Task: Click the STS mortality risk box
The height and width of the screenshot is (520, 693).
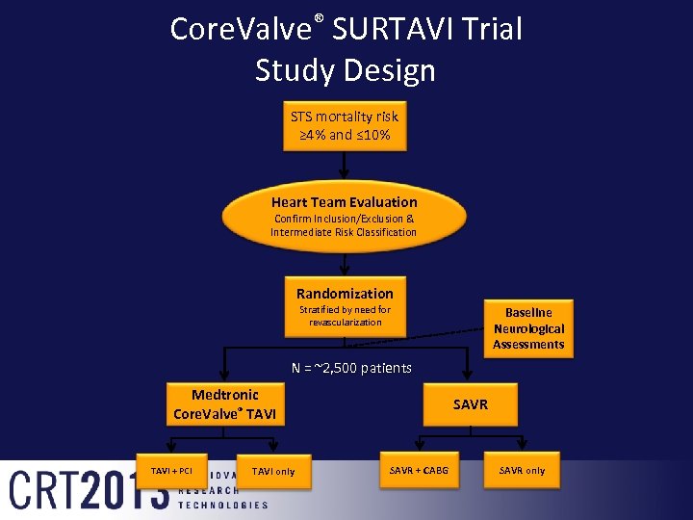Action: tap(345, 126)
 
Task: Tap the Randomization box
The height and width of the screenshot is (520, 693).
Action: tap(345, 307)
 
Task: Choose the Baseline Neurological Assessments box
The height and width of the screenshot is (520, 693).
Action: tap(528, 327)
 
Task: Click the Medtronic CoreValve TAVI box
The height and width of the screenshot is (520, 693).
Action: tap(224, 404)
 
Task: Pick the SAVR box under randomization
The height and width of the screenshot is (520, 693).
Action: tap(470, 404)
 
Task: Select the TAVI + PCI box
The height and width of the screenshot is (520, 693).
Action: tap(171, 471)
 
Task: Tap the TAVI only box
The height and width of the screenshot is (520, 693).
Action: tap(273, 471)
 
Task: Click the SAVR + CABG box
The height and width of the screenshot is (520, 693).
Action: tap(419, 471)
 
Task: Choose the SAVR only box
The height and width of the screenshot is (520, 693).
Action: tap(522, 471)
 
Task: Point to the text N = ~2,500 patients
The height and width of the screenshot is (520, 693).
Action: tap(351, 368)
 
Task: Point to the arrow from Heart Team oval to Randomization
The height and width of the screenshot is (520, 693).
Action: tap(344, 264)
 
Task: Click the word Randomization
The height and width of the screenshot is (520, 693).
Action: tap(345, 293)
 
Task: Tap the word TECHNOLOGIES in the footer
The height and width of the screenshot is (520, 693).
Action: tap(223, 505)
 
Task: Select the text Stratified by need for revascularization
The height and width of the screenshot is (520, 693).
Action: tap(345, 316)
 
